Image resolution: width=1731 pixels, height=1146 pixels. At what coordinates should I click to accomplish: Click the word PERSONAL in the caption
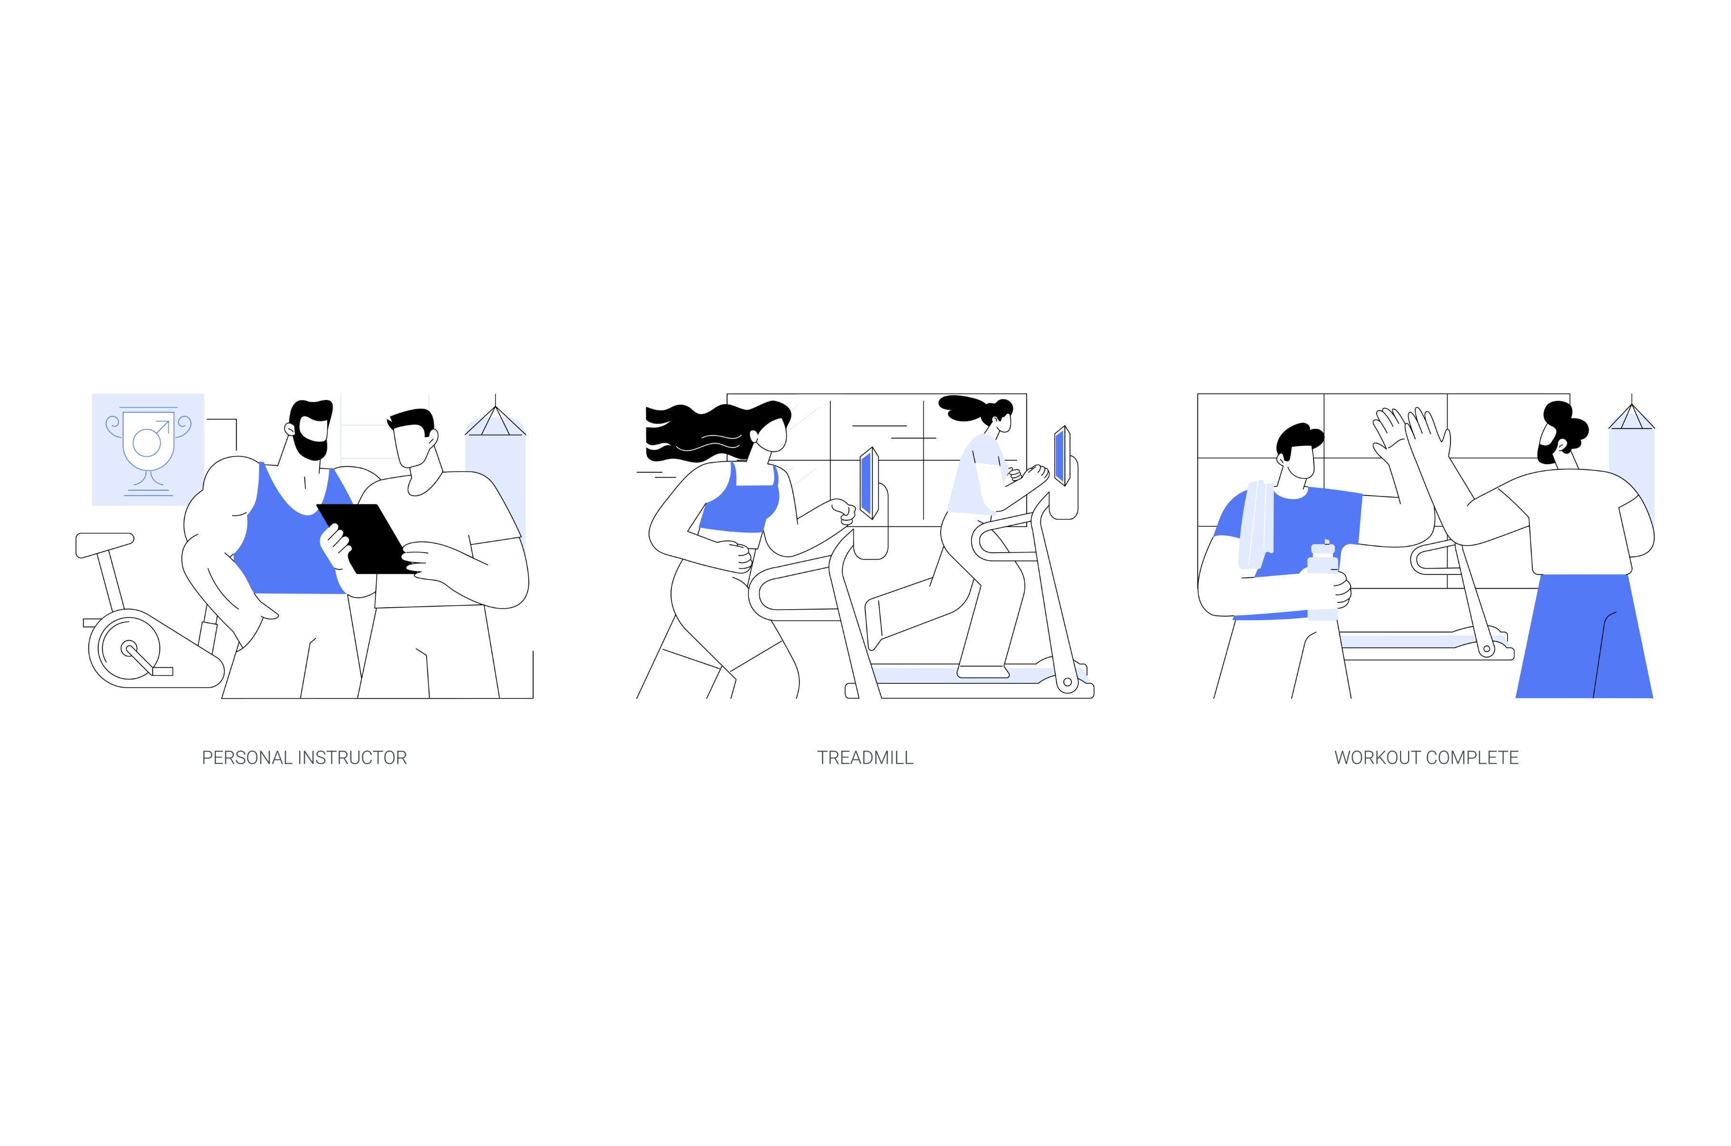pos(248,758)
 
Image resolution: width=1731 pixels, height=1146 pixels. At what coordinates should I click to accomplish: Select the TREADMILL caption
pos(865,758)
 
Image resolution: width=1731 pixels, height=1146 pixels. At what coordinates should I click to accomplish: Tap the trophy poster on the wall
pos(147,449)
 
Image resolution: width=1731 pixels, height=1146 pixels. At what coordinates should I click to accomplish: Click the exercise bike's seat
pos(105,544)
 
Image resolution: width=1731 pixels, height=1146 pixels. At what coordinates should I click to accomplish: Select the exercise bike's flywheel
pos(129,648)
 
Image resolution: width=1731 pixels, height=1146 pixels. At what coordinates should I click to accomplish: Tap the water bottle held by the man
pos(1323,581)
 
